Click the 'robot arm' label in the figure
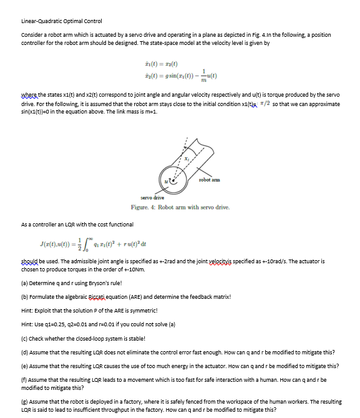click(x=207, y=180)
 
